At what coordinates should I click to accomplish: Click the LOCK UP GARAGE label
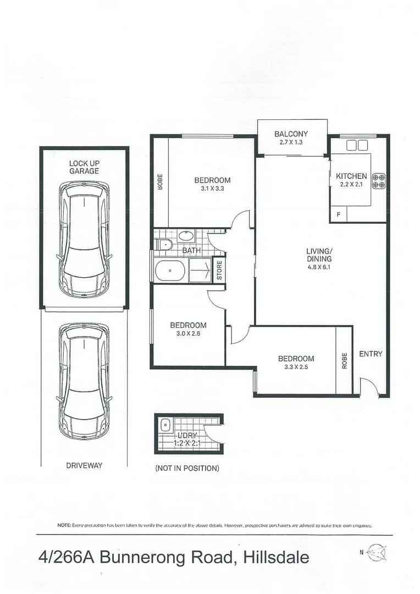tap(84, 167)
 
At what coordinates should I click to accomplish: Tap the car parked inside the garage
tap(84, 239)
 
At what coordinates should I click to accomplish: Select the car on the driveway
tap(84, 381)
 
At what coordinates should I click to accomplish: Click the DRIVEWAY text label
tap(84, 465)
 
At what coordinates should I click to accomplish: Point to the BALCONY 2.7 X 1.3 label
tap(291, 137)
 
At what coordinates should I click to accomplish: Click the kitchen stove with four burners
tap(379, 181)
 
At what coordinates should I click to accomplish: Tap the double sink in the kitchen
tap(357, 145)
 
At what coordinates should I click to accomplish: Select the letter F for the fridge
tap(339, 214)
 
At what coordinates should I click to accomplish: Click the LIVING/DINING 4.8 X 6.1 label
tap(319, 259)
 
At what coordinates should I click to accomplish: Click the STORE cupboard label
tap(219, 270)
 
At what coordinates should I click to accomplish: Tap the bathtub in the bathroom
tap(170, 271)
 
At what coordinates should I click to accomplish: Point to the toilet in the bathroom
tap(163, 244)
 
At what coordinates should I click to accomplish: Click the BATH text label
tap(191, 251)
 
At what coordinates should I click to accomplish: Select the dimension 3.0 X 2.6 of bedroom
tap(188, 333)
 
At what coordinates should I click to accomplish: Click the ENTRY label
tap(370, 354)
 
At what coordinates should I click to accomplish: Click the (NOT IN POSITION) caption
tap(187, 469)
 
